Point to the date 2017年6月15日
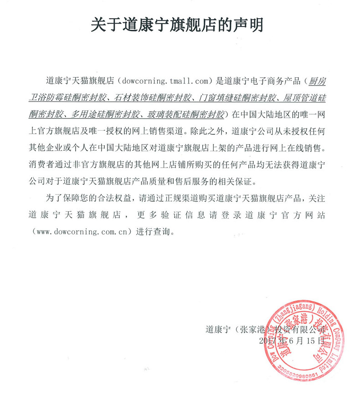click(291, 340)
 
